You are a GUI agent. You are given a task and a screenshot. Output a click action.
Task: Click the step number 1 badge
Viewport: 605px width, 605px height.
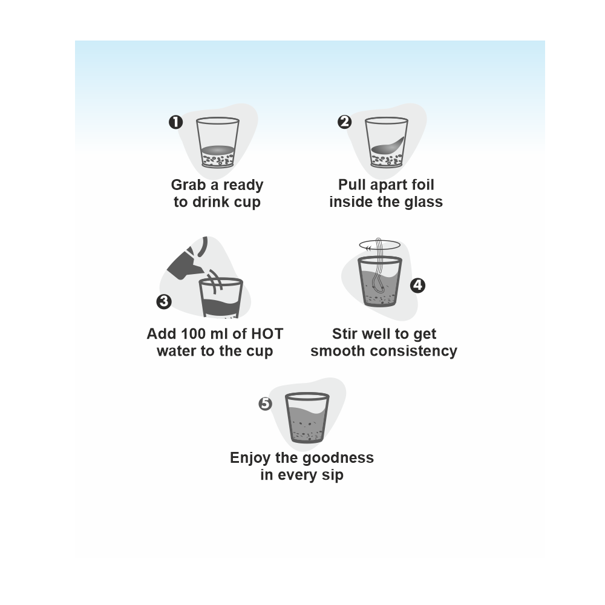point(175,122)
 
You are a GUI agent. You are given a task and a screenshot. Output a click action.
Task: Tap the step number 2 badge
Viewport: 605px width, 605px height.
point(345,122)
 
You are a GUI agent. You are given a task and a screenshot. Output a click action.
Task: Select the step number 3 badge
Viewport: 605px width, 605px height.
point(164,301)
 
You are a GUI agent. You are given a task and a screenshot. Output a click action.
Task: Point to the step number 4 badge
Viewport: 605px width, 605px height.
point(417,286)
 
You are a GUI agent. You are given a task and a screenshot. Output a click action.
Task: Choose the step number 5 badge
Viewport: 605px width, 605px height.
point(266,404)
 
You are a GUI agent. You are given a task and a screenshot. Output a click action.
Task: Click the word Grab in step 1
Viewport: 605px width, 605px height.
point(188,185)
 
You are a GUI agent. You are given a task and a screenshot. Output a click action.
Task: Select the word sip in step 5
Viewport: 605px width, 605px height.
point(333,475)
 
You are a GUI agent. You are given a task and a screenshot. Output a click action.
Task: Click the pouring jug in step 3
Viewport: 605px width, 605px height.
point(186,258)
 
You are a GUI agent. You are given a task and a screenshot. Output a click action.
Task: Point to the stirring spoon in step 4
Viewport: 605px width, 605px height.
point(378,266)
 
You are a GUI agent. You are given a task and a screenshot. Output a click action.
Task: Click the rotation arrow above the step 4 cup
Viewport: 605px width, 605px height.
point(380,245)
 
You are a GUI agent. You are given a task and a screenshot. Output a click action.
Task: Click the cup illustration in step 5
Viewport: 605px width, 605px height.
point(307,417)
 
